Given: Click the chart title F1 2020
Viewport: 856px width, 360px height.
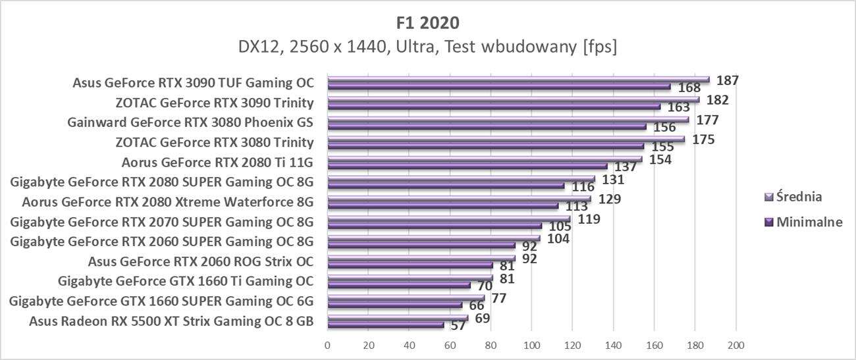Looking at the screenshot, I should [x=428, y=22].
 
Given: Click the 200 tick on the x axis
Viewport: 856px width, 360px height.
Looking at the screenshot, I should [x=736, y=345].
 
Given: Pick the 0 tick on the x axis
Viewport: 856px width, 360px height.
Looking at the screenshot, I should [x=327, y=345].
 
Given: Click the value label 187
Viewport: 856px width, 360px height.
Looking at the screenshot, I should [x=728, y=80].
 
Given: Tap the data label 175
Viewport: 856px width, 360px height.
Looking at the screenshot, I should [x=703, y=140].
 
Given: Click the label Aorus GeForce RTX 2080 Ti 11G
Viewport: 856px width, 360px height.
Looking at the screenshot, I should [x=217, y=163].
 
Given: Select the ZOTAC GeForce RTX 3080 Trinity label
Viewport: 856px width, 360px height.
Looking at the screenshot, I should [x=214, y=143].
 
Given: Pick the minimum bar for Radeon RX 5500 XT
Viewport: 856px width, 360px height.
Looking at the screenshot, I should [x=385, y=324].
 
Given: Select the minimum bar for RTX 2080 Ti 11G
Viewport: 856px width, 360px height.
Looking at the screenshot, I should [x=468, y=166].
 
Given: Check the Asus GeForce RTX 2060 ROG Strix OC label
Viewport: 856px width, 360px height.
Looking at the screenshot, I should [x=200, y=261].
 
